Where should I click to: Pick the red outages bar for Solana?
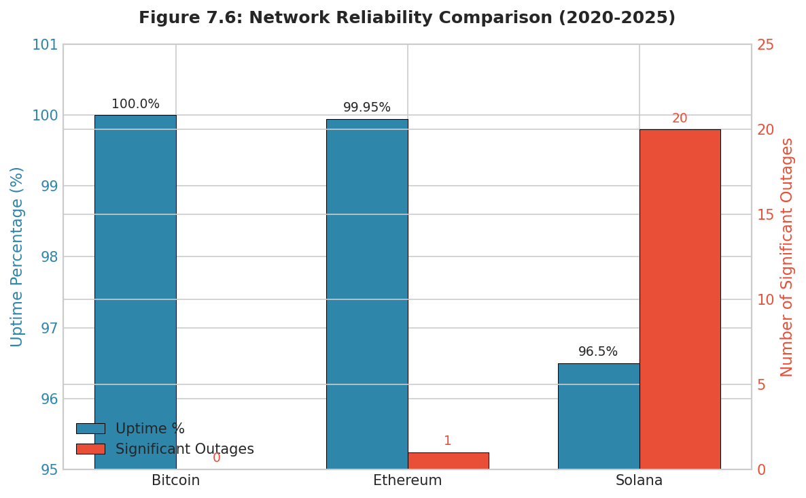click(x=680, y=299)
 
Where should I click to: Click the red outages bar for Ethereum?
click(x=448, y=461)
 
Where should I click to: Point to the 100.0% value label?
click(x=135, y=104)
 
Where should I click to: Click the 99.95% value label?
click(x=367, y=107)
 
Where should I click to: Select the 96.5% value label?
click(x=598, y=352)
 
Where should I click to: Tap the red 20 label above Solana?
click(x=680, y=118)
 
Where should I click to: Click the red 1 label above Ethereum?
click(x=448, y=441)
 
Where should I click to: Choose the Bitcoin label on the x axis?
click(x=175, y=481)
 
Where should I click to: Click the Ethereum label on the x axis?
click(x=407, y=481)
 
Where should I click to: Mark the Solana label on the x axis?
click(x=639, y=481)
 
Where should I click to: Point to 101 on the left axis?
click(x=45, y=45)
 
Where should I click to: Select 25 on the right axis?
click(x=765, y=45)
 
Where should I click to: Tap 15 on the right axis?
click(x=765, y=215)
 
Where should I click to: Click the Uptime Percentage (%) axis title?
click(x=17, y=256)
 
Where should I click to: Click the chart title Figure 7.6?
click(x=406, y=18)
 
